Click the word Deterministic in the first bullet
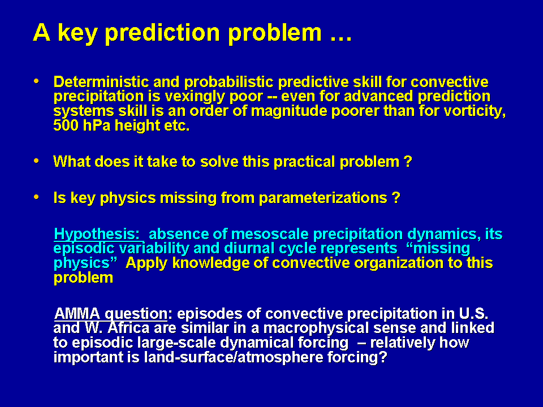point(101,82)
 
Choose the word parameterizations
point(323,198)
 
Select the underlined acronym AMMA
point(77,314)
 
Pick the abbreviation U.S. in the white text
point(474,314)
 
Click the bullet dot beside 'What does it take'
point(36,161)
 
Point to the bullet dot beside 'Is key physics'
point(36,197)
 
